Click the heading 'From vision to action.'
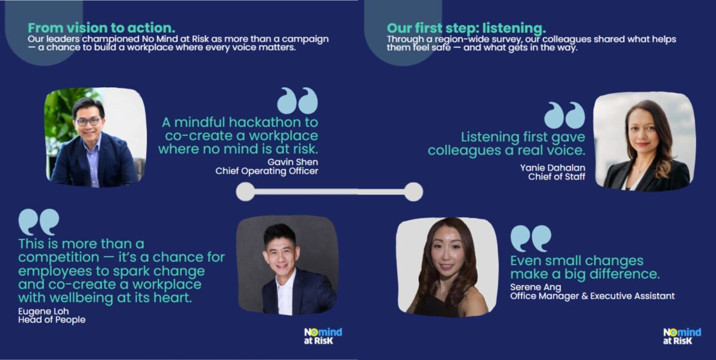click(x=101, y=28)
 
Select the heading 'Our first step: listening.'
click(x=467, y=28)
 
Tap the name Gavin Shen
click(x=292, y=162)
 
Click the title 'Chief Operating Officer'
click(x=267, y=171)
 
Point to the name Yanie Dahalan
click(x=553, y=168)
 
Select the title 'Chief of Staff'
click(x=557, y=177)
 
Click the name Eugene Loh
click(x=44, y=311)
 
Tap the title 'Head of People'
click(x=52, y=320)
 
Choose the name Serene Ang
click(x=535, y=287)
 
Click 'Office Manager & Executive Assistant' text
click(x=592, y=296)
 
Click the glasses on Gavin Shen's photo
click(x=88, y=121)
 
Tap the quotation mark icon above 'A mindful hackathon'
click(x=298, y=100)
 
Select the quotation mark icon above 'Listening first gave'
click(x=565, y=115)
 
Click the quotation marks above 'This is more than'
click(x=39, y=222)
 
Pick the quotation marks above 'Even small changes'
click(x=531, y=238)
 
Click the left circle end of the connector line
click(x=245, y=192)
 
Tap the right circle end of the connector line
click(x=413, y=192)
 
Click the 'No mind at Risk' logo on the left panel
click(x=323, y=336)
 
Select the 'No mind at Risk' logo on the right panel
click(x=682, y=336)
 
